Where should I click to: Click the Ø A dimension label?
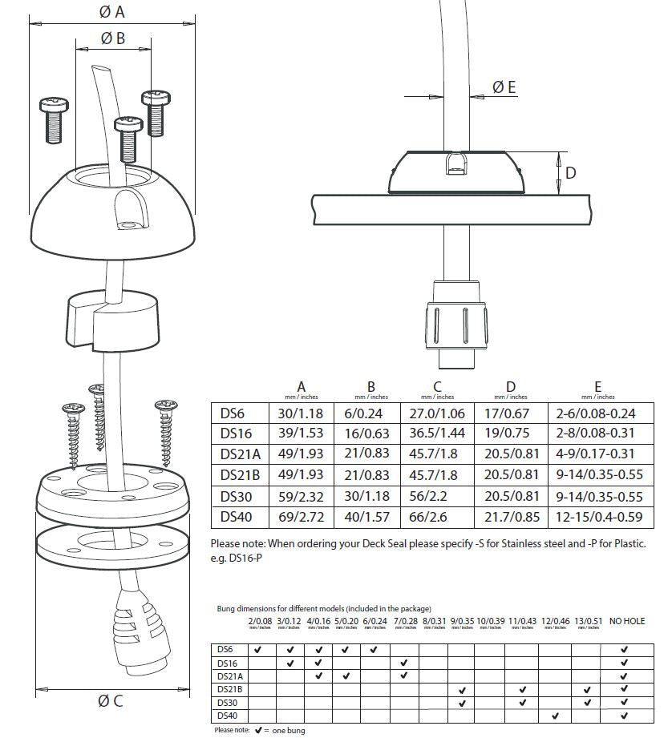(112, 11)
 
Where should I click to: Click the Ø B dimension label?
(113, 38)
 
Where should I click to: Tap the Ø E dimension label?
(504, 87)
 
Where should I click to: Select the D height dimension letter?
(570, 172)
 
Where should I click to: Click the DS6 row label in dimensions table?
(232, 413)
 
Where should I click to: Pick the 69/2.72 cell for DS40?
(302, 517)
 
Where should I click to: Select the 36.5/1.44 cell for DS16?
(437, 434)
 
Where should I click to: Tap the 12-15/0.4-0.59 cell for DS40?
(597, 517)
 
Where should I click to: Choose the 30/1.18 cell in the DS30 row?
(370, 496)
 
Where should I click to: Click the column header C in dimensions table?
(437, 388)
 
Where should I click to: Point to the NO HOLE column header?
(626, 621)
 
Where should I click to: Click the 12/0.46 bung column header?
(555, 621)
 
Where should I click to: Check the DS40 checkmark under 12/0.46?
(555, 716)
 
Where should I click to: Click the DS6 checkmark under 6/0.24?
(374, 650)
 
